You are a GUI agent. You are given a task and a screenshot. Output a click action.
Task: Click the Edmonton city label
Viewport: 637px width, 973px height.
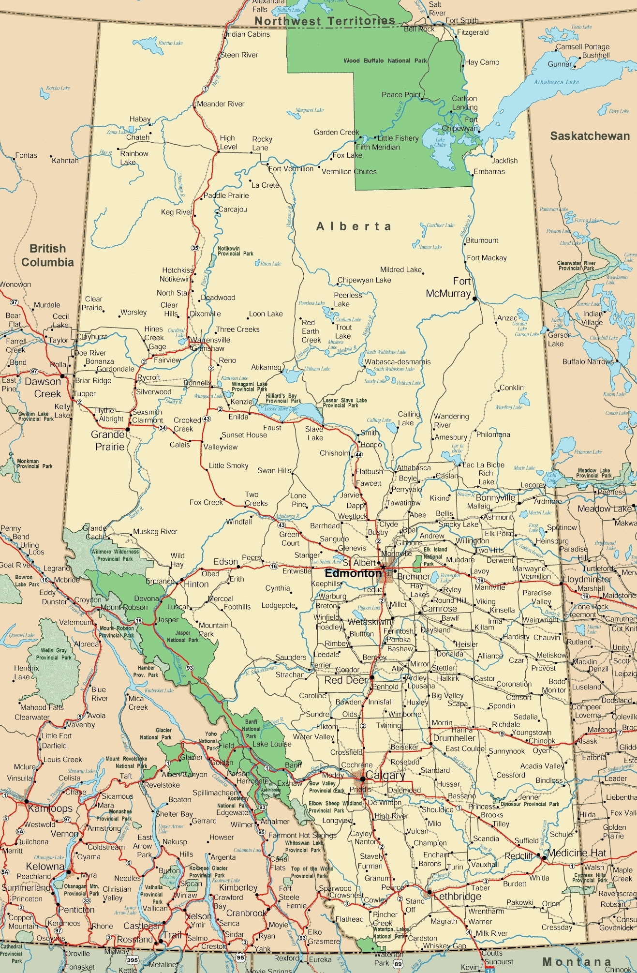coord(354,573)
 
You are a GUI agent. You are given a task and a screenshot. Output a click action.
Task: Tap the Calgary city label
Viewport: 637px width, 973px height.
coord(385,775)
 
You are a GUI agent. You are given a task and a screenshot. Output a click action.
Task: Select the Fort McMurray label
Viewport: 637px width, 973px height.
coord(448,287)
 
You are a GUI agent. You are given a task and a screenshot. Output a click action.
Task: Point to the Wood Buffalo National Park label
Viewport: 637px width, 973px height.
coord(385,61)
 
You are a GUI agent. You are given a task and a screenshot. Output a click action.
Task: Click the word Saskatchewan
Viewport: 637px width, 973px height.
coord(590,136)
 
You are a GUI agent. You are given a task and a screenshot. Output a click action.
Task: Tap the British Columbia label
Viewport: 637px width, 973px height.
coord(47,255)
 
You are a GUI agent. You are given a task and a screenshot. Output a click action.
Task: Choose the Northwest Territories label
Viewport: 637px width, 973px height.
coord(325,21)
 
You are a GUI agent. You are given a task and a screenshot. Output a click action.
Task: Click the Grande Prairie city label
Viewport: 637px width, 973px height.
coord(109,440)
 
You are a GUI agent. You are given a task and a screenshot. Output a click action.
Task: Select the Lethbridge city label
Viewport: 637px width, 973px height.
coord(457,896)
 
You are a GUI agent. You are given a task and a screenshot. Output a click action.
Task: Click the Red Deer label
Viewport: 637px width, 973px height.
coord(346,680)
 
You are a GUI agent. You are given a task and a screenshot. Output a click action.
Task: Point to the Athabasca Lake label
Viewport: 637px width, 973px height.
coord(556,82)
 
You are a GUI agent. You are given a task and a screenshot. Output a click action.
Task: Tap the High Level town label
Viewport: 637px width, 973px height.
coord(228,142)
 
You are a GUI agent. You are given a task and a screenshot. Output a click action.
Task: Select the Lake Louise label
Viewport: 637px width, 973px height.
coord(272,744)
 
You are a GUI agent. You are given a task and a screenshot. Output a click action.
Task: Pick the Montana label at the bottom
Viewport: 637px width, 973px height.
coord(577,961)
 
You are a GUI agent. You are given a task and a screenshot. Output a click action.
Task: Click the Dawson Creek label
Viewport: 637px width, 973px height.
coord(43,388)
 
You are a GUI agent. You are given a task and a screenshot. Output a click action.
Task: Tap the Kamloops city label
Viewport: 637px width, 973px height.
coord(50,808)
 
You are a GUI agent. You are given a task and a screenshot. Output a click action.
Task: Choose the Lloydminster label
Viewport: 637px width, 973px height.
coord(587,579)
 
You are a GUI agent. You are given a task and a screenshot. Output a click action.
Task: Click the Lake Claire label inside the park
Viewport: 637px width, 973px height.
coord(440,142)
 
